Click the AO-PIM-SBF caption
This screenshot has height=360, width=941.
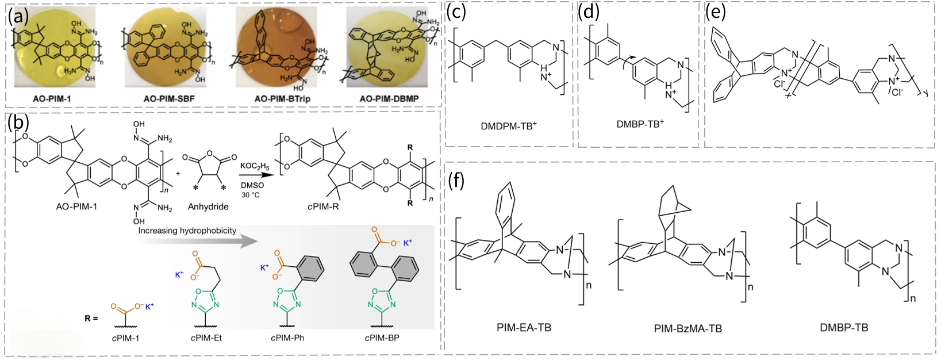(x=169, y=99)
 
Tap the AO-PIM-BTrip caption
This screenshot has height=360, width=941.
(x=282, y=99)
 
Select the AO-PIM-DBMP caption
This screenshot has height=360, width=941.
(x=389, y=99)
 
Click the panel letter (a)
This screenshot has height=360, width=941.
(x=18, y=16)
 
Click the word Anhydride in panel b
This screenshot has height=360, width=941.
(x=208, y=206)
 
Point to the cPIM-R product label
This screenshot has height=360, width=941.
(x=322, y=206)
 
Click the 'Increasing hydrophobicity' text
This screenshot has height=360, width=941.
(x=187, y=231)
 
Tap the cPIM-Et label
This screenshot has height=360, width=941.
(x=206, y=338)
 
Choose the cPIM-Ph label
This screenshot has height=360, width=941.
(x=287, y=338)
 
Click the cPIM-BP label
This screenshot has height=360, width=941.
(x=382, y=338)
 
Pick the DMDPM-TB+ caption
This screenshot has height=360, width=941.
(x=509, y=126)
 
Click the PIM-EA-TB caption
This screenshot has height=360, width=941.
(x=524, y=328)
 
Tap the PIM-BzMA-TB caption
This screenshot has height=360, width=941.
(x=687, y=329)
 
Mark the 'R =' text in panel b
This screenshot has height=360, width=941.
(x=91, y=318)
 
